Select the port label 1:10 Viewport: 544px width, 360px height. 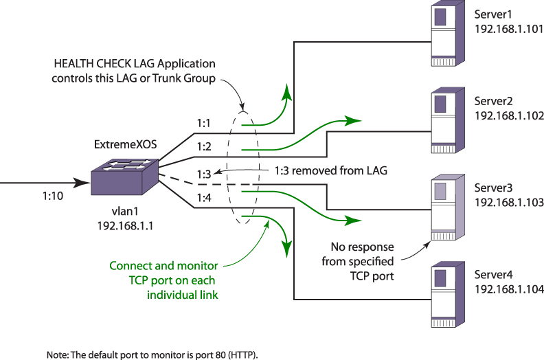(x=53, y=196)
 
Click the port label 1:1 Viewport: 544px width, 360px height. (x=203, y=123)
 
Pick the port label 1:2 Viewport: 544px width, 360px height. (x=203, y=146)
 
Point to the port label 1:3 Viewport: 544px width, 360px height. (x=203, y=174)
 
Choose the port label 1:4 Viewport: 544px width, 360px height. (x=203, y=199)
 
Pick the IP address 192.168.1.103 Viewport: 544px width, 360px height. (x=509, y=203)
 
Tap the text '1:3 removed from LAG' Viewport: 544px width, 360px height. (x=331, y=170)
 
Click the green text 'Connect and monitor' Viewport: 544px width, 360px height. (x=163, y=266)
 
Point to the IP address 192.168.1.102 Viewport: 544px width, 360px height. (x=509, y=115)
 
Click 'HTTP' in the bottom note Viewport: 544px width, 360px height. (x=244, y=355)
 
